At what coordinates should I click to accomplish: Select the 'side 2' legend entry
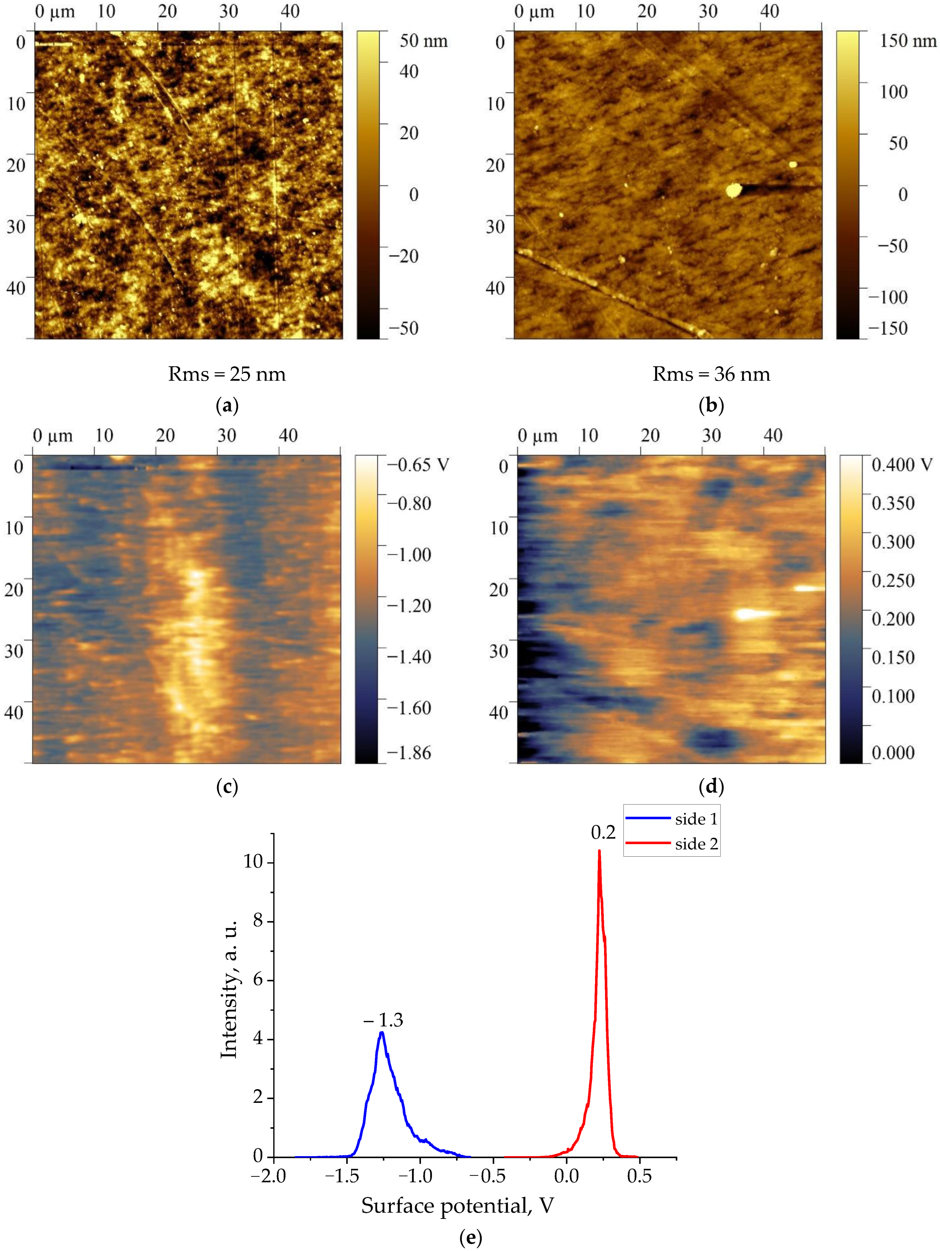click(x=696, y=844)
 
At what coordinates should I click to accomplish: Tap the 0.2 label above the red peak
click(x=603, y=832)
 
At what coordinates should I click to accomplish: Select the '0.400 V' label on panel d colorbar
click(x=901, y=465)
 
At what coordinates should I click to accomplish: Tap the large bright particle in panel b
click(x=734, y=190)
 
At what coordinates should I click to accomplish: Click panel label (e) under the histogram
click(x=470, y=1237)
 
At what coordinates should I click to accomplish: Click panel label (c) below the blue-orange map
click(x=227, y=786)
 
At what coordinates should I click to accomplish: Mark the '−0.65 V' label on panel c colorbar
click(x=418, y=465)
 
